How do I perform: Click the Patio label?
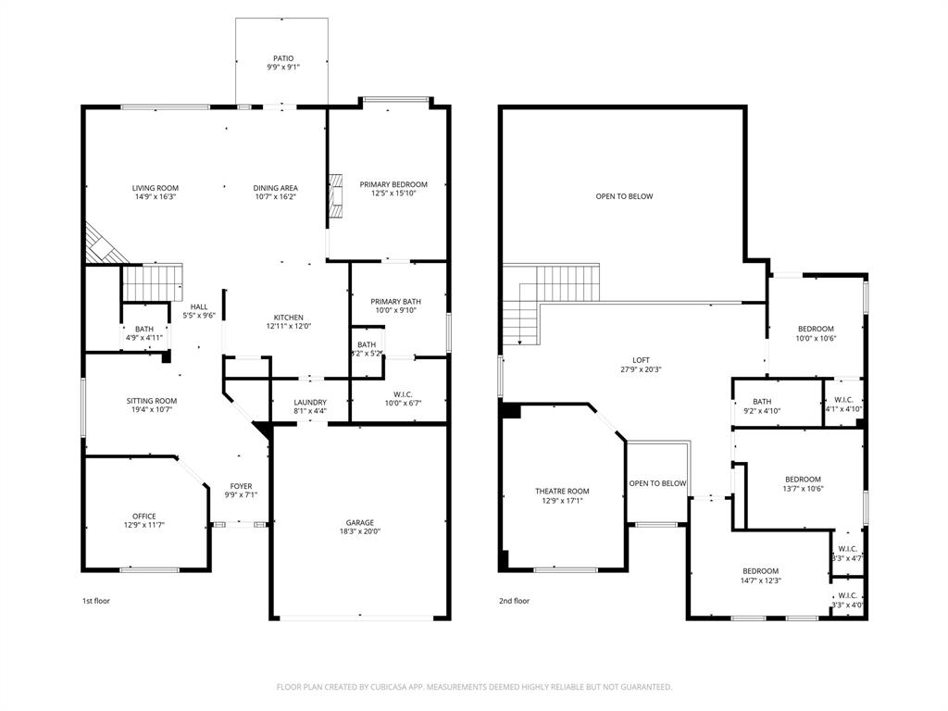pyautogui.click(x=283, y=58)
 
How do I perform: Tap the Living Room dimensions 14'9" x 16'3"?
pyautogui.click(x=155, y=196)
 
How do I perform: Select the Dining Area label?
pyautogui.click(x=275, y=188)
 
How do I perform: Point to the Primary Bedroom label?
pyautogui.click(x=393, y=184)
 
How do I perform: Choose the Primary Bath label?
pyautogui.click(x=395, y=302)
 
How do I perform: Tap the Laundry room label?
pyautogui.click(x=309, y=402)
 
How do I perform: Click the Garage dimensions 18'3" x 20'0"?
pyautogui.click(x=360, y=531)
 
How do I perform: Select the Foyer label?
pyautogui.click(x=241, y=486)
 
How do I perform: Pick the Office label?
pyautogui.click(x=143, y=516)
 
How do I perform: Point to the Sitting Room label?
pyautogui.click(x=152, y=401)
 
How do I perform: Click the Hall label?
pyautogui.click(x=199, y=306)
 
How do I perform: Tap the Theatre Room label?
pyautogui.click(x=562, y=491)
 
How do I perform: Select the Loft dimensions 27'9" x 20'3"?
pyautogui.click(x=641, y=369)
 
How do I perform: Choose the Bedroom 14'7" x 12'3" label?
pyautogui.click(x=760, y=571)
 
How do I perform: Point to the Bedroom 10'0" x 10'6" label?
pyautogui.click(x=817, y=329)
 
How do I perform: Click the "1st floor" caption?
pyautogui.click(x=97, y=601)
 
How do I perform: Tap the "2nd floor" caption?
pyautogui.click(x=515, y=601)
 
